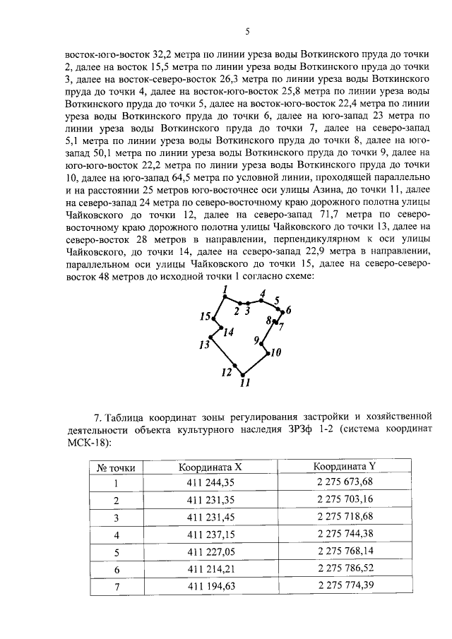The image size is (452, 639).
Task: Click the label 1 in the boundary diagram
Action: pyautogui.click(x=224, y=289)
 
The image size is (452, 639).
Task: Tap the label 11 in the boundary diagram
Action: pyautogui.click(x=245, y=384)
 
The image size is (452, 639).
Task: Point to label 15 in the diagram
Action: pyautogui.click(x=204, y=316)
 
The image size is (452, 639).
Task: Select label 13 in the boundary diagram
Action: pyautogui.click(x=204, y=345)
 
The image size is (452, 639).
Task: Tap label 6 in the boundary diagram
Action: pyautogui.click(x=288, y=310)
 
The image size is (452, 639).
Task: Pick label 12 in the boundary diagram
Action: pyautogui.click(x=226, y=372)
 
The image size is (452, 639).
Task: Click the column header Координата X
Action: pyautogui.click(x=210, y=467)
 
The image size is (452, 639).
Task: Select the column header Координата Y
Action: pyautogui.click(x=345, y=466)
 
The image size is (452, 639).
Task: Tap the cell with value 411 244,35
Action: pyautogui.click(x=210, y=483)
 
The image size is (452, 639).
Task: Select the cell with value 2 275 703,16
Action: pyautogui.click(x=345, y=500)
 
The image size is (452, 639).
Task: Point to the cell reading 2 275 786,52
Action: pyautogui.click(x=345, y=568)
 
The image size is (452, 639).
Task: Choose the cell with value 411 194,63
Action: pyautogui.click(x=210, y=586)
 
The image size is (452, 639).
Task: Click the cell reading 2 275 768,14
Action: pyautogui.click(x=345, y=551)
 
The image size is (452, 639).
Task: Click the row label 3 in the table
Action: pyautogui.click(x=117, y=518)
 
